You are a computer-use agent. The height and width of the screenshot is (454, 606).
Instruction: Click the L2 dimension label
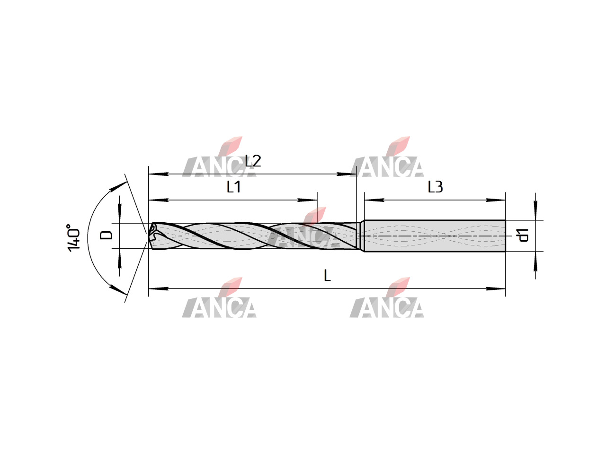(253, 161)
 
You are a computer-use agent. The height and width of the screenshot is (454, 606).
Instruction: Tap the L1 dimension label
(233, 187)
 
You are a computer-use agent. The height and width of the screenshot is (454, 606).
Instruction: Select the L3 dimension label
(435, 187)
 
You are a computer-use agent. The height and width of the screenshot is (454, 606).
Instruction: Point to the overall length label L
(327, 275)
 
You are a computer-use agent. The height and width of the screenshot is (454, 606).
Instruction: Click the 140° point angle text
(73, 238)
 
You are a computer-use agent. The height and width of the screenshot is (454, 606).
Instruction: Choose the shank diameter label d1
(523, 235)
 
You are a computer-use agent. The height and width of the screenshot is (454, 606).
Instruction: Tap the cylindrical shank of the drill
(435, 236)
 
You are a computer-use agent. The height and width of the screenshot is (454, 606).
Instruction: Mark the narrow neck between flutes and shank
(360, 236)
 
